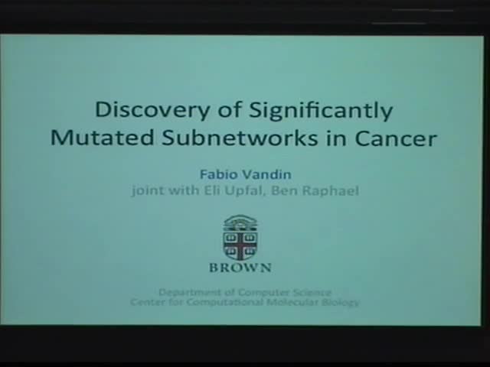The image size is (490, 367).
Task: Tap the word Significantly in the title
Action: pos(322,111)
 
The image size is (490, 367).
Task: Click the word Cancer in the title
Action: pos(397,138)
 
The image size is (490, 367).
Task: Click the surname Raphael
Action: pos(332,189)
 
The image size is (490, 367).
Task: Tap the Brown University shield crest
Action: pos(240,238)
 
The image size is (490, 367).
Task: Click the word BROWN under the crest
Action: pos(240,268)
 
